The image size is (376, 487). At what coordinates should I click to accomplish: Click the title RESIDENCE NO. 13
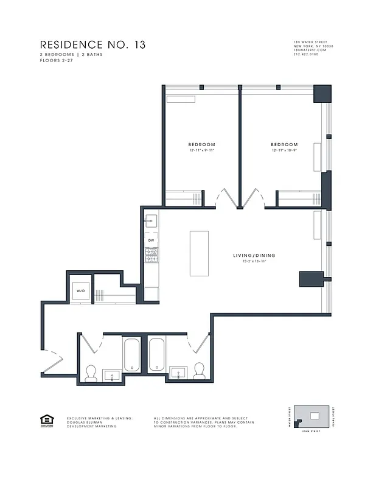point(92,45)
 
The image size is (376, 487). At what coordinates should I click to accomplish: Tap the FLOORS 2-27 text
point(54,60)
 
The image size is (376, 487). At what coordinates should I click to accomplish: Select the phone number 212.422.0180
point(306,54)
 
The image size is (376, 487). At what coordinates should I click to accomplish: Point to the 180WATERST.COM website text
point(310,50)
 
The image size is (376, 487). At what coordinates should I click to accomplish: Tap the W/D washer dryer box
point(81,291)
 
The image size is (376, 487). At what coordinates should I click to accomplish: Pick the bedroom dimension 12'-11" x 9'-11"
point(201,150)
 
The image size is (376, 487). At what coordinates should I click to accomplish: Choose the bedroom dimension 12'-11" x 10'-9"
point(284,150)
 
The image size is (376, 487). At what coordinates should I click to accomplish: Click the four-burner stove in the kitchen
point(151,256)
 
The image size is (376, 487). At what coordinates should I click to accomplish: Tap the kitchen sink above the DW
point(151,220)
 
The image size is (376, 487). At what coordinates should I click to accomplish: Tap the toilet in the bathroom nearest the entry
point(91,373)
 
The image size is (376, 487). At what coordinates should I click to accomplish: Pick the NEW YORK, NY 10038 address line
point(313,46)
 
